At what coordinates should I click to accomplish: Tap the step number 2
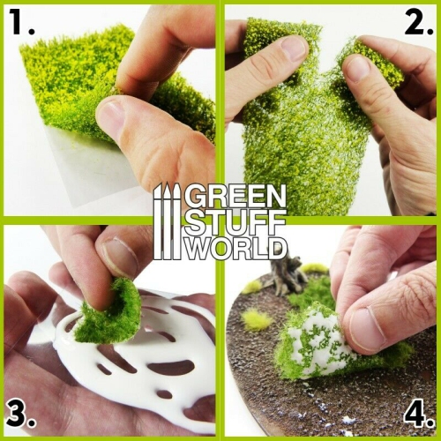tap(416, 24)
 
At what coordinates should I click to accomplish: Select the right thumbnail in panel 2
tap(361, 67)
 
